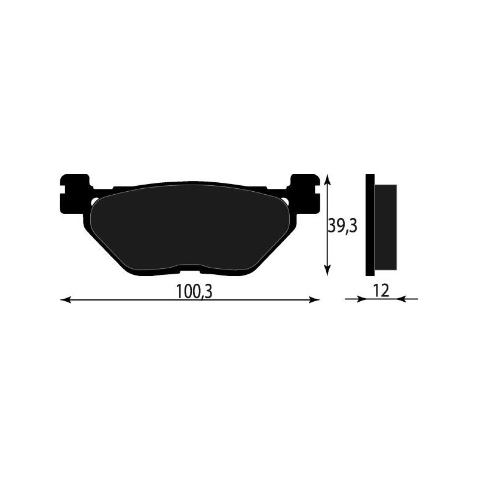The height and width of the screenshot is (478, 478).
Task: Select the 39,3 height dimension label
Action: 342,225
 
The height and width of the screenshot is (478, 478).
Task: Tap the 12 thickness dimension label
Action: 381,290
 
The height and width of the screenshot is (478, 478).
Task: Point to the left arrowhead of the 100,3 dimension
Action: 66,299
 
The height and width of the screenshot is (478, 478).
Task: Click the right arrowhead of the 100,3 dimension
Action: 315,299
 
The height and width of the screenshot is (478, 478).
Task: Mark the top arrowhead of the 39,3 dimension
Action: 327,179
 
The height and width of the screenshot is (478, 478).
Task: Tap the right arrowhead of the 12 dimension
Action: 402,299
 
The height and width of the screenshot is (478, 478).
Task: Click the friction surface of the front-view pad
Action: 191,227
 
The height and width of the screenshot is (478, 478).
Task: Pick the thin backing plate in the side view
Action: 370,225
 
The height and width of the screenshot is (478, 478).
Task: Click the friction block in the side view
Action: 385,225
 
